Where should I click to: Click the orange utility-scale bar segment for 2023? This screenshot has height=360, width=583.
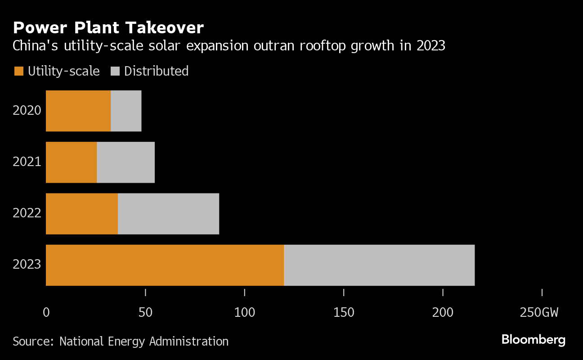[165, 265]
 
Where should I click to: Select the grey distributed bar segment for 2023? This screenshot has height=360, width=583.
[379, 265]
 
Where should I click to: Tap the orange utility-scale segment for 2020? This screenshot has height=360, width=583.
[78, 111]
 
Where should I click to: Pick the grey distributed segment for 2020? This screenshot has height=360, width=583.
[126, 111]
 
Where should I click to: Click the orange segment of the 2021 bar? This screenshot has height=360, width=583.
[71, 162]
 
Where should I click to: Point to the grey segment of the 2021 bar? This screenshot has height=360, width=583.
[126, 162]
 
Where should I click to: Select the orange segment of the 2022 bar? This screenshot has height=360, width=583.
[82, 214]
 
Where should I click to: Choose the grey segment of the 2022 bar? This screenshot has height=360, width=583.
[168, 214]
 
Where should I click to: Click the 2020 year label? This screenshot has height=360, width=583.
[27, 111]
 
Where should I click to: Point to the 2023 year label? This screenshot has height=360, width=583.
[27, 264]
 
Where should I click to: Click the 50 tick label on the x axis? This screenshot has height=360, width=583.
[145, 312]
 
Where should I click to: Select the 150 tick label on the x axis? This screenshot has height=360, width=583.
[344, 312]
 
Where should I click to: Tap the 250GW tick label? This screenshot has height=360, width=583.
[539, 312]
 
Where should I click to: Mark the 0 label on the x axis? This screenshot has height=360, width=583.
[46, 312]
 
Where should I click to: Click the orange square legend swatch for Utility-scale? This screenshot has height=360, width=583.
[18, 71]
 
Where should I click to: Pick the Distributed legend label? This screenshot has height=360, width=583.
[156, 71]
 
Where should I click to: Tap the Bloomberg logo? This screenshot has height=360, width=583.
[534, 340]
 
